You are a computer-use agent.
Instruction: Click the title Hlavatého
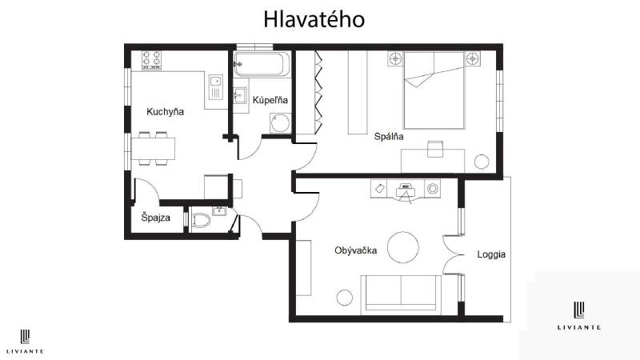[314, 18]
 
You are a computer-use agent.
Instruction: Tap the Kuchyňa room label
[165, 112]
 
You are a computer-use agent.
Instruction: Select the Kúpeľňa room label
[270, 100]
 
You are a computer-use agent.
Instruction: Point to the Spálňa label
[389, 136]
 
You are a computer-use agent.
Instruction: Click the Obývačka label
[356, 250]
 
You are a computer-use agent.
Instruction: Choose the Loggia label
[491, 254]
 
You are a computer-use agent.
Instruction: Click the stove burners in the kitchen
[152, 59]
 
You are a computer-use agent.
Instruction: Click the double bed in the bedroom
[433, 90]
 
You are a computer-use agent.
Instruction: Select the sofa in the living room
[401, 293]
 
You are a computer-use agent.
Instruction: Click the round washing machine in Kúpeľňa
[279, 123]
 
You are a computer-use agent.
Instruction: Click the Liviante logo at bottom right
[580, 315]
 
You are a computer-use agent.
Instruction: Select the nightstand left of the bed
[395, 58]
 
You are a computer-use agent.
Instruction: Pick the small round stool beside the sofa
[345, 298]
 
